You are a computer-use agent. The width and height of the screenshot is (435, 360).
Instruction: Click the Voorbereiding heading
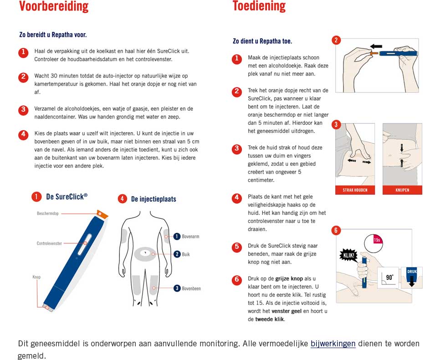(53, 6)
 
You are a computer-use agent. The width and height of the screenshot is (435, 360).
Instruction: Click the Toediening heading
(259, 6)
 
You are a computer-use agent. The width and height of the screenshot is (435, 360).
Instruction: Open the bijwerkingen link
(333, 344)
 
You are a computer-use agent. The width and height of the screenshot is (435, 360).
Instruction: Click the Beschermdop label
(48, 213)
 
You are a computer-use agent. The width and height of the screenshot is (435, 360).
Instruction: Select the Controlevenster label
(49, 243)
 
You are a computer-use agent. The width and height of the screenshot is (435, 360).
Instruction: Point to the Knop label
(36, 277)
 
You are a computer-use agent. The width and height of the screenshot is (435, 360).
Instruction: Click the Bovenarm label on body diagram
(190, 237)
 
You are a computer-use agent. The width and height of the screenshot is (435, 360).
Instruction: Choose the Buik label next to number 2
(186, 254)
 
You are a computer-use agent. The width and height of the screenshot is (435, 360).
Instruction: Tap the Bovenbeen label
(191, 288)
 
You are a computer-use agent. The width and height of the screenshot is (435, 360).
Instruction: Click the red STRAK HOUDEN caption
(355, 190)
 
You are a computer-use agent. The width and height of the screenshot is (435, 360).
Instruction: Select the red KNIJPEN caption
(402, 190)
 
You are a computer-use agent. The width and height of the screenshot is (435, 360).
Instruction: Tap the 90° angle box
(388, 277)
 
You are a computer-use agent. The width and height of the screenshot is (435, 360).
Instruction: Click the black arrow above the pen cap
(376, 46)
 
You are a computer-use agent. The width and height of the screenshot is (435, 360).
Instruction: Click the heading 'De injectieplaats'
(154, 199)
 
